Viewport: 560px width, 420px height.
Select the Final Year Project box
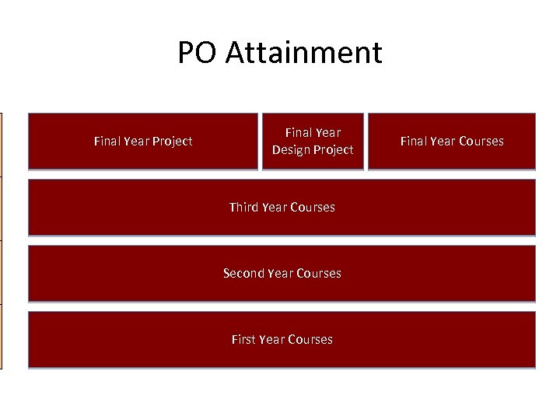(143, 142)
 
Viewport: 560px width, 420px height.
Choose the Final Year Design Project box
(313, 142)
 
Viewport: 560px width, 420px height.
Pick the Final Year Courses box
(452, 142)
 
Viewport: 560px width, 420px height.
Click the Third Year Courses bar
(282, 208)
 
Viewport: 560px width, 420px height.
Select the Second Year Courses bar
(282, 274)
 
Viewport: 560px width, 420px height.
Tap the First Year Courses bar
(282, 340)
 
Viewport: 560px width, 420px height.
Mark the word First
(243, 340)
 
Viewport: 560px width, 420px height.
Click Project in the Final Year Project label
(173, 142)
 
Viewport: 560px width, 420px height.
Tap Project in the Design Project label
(334, 150)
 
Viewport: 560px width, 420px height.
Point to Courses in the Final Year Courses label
(481, 142)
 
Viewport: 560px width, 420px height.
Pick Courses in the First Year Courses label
(310, 340)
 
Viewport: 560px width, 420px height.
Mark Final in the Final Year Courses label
(414, 142)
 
